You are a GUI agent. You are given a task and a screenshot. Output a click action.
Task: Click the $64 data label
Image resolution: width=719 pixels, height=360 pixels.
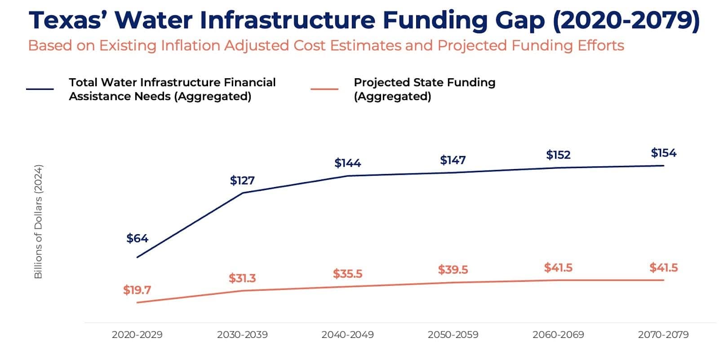click(x=137, y=238)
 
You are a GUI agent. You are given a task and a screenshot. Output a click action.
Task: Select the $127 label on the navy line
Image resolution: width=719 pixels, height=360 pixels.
click(x=242, y=181)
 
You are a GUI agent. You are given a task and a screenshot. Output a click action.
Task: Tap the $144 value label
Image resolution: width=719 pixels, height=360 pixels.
click(x=347, y=163)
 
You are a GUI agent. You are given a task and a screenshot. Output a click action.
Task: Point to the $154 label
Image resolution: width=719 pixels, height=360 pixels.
click(x=663, y=153)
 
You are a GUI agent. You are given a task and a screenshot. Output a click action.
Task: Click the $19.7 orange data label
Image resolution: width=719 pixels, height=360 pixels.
click(x=137, y=290)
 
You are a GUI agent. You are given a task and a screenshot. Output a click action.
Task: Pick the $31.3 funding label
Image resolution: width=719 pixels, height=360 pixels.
click(x=242, y=279)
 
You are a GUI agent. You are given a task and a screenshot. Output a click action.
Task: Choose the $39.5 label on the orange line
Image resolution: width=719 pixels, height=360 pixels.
click(x=453, y=270)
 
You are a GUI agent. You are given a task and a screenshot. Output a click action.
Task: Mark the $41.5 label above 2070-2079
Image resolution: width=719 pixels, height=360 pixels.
click(x=663, y=268)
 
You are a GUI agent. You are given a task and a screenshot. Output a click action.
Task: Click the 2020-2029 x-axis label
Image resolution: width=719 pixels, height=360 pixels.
click(x=137, y=335)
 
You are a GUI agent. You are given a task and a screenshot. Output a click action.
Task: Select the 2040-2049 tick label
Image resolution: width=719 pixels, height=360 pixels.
click(x=347, y=335)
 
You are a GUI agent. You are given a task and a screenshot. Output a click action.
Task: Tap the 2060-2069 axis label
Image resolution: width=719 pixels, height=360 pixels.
click(x=558, y=335)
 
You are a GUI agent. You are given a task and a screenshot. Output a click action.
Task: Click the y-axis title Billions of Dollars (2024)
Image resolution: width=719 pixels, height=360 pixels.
click(x=38, y=222)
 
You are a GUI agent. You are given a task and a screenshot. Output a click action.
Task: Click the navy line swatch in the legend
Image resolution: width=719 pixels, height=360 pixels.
click(x=40, y=89)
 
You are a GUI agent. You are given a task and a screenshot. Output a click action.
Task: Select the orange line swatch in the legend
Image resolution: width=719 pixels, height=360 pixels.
click(x=324, y=89)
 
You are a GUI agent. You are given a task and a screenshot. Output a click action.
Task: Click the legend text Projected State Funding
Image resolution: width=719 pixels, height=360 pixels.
click(x=424, y=83)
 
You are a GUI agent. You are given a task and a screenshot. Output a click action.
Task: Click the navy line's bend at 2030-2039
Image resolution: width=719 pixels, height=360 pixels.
click(x=243, y=193)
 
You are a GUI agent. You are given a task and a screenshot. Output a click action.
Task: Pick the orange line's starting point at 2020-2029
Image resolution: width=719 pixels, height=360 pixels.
click(x=137, y=302)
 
